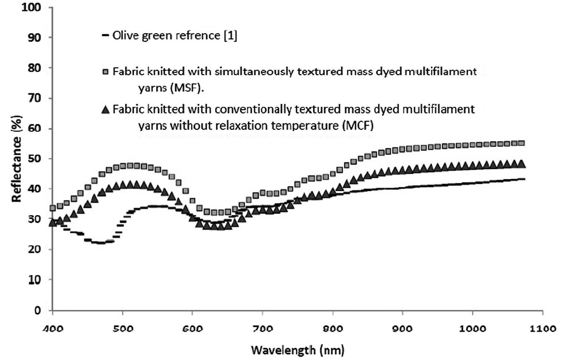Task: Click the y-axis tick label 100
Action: [31, 7]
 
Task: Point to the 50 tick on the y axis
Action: [34, 159]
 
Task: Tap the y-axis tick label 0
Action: [38, 310]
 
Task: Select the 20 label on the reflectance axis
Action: [34, 249]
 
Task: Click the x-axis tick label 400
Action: [53, 328]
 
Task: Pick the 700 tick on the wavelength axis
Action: [262, 328]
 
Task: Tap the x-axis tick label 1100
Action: [543, 328]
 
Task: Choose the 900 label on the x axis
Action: [402, 328]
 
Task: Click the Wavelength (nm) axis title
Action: [297, 350]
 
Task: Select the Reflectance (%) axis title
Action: [16, 159]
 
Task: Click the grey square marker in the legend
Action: [105, 72]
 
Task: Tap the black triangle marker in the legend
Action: [105, 110]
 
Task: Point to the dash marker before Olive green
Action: [105, 35]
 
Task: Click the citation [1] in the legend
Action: [230, 35]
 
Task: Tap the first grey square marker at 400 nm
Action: [53, 208]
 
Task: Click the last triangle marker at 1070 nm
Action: [521, 164]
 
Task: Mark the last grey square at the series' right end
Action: [521, 143]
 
